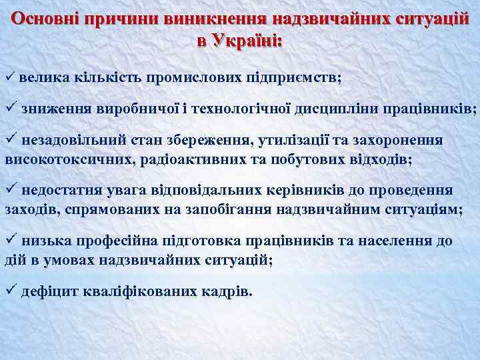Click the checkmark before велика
tap(9, 78)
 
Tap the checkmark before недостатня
tap(9, 189)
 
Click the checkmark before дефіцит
tap(9, 290)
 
